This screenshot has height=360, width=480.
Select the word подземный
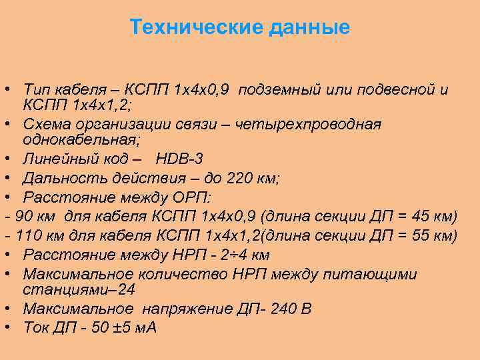280,89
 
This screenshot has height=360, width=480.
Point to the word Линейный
58,159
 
